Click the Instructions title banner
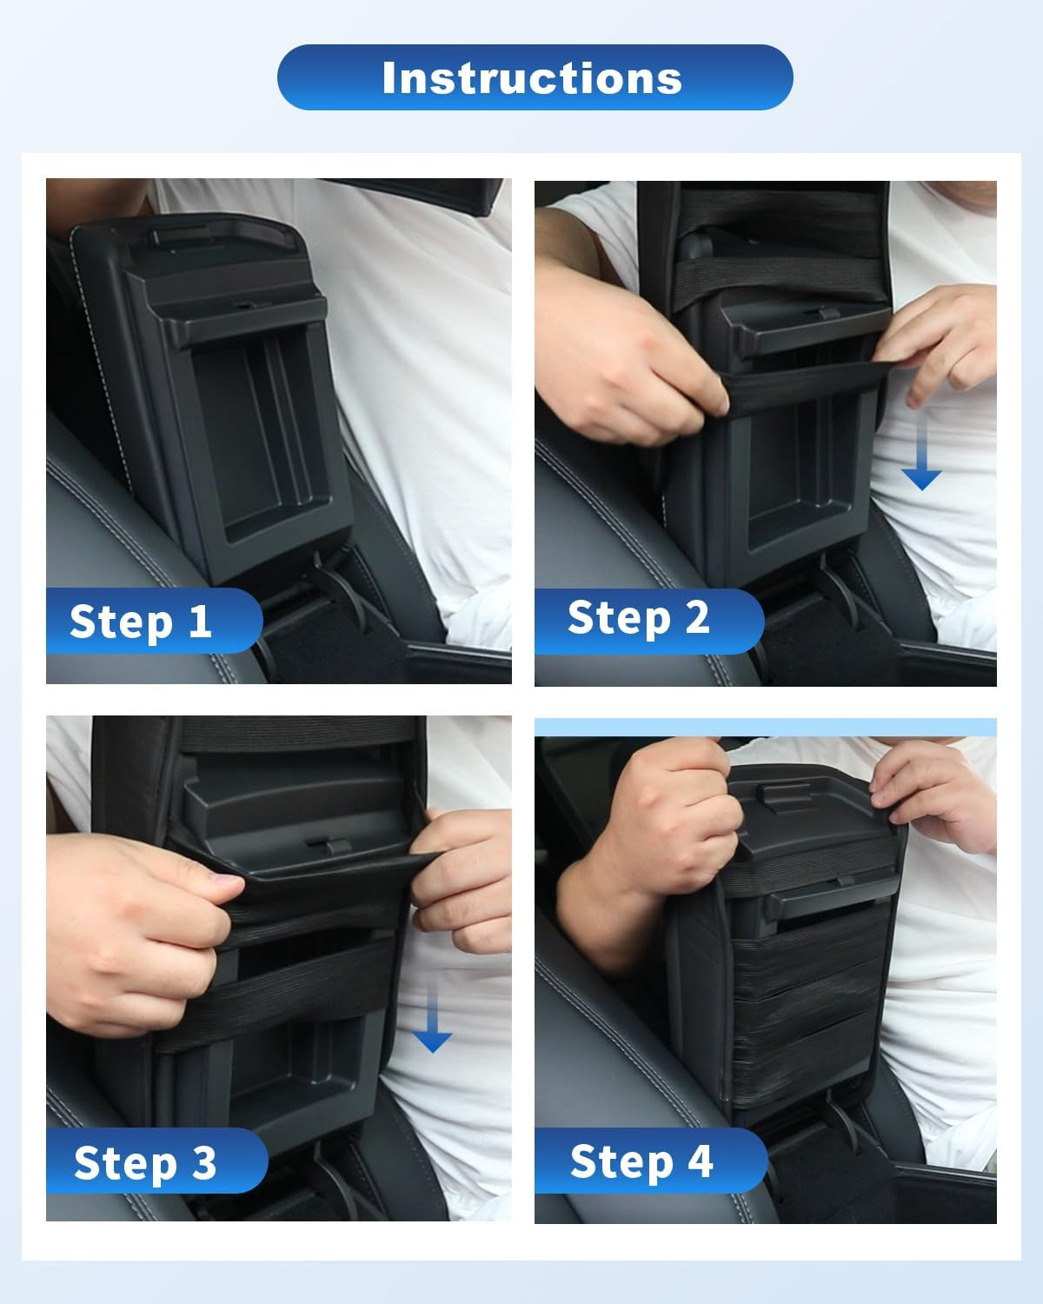[535, 77]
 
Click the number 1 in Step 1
[200, 621]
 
